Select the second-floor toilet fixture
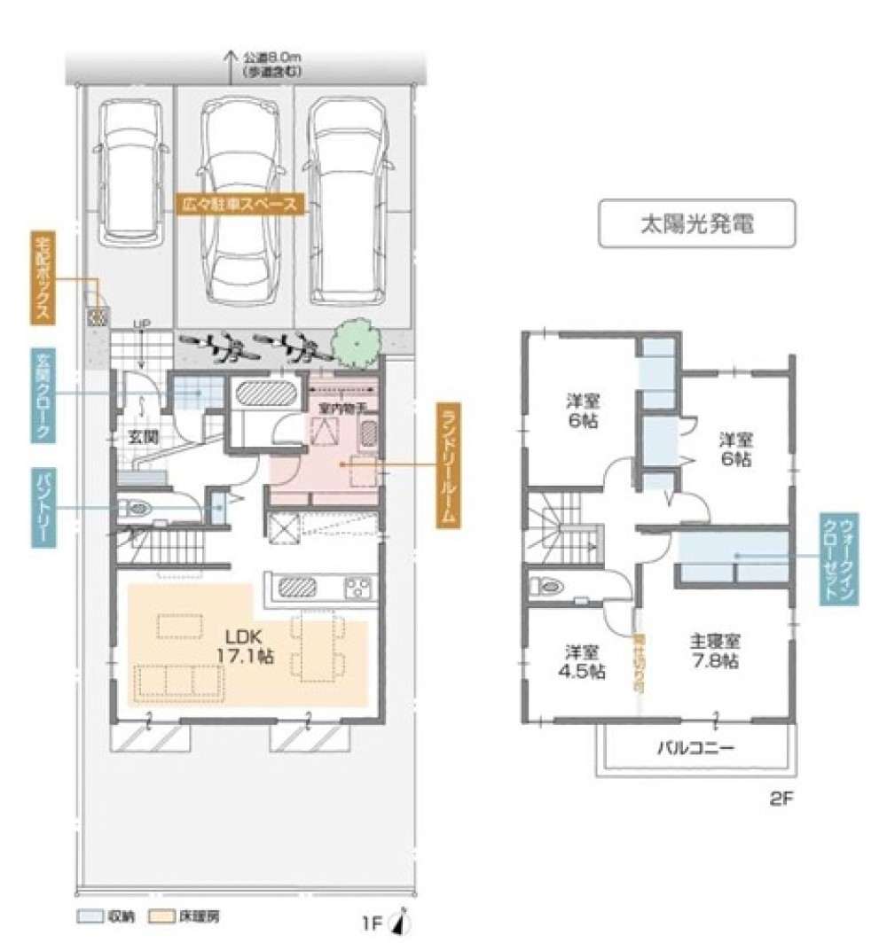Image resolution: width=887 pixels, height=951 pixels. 546,585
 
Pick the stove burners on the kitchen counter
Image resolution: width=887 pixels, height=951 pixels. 357,587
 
